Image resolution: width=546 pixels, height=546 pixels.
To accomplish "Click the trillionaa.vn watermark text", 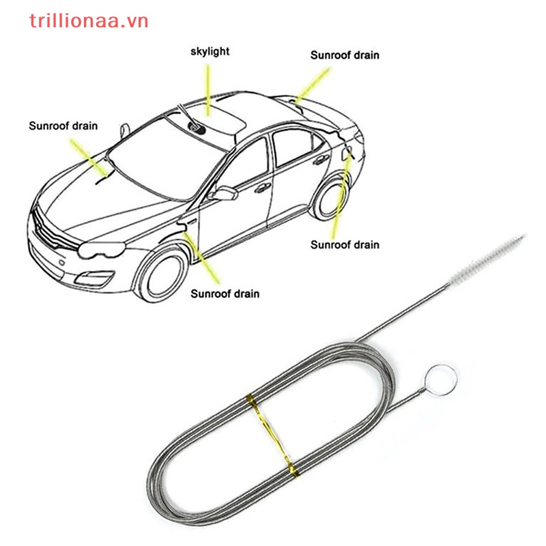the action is pyautogui.click(x=89, y=21).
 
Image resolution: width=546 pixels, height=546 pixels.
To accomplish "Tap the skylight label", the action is pyautogui.click(x=210, y=52).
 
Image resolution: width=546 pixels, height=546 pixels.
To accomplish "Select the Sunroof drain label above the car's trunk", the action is pyautogui.click(x=345, y=55).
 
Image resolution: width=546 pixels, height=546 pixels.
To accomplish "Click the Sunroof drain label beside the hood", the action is pyautogui.click(x=63, y=126).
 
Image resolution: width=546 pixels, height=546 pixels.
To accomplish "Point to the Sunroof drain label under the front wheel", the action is pyautogui.click(x=225, y=294).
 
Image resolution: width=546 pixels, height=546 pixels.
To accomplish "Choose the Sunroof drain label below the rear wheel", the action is pyautogui.click(x=345, y=245).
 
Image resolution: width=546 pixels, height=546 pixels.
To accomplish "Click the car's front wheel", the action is pyautogui.click(x=164, y=276).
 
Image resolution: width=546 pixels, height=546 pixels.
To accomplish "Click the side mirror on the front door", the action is pyautogui.click(x=224, y=193).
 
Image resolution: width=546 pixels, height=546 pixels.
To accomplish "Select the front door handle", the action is pyautogui.click(x=263, y=188).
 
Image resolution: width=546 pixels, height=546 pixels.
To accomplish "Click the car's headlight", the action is pyautogui.click(x=101, y=250).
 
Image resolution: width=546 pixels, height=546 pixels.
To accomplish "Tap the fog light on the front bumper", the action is pyautogui.click(x=95, y=278).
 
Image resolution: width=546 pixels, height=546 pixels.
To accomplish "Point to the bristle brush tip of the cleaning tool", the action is pyautogui.click(x=487, y=259).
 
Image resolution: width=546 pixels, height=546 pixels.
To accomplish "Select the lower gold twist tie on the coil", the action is pyautogui.click(x=292, y=468).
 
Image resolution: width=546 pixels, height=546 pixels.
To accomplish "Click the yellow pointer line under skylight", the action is pyautogui.click(x=208, y=89).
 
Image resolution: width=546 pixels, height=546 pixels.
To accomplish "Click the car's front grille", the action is pyautogui.click(x=53, y=231).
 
